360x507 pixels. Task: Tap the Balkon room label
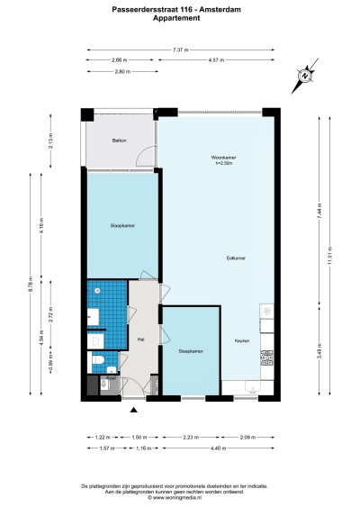pos(119,141)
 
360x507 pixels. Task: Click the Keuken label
pos(241,340)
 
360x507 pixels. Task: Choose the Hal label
pos(141,340)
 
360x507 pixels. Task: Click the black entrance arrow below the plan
pos(135,411)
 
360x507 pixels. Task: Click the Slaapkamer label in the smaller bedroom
pos(190,351)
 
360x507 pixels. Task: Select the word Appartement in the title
pos(180,17)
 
